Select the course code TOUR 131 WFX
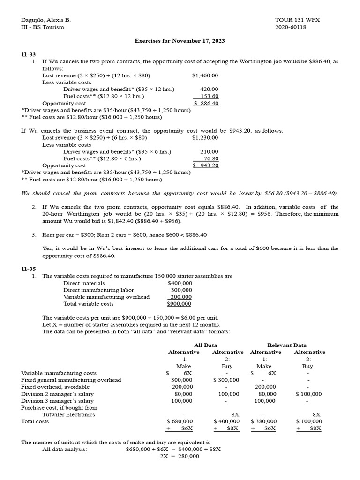[x=297, y=20]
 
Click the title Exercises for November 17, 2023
[x=180, y=41]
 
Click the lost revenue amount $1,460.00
[x=205, y=75]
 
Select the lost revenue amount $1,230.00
[x=205, y=138]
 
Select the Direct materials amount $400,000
[x=180, y=283]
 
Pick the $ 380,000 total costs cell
[x=263, y=421]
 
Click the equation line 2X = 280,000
[x=180, y=456]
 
